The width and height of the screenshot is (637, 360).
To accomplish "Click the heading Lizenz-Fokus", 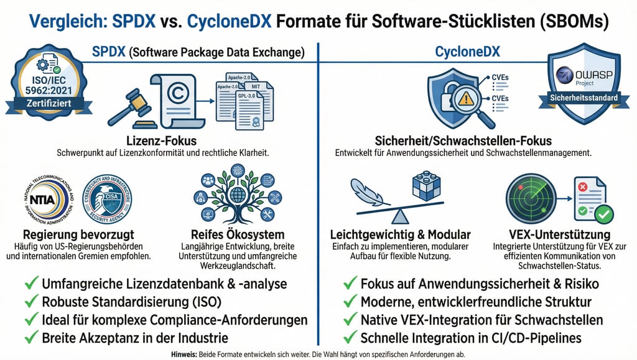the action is (x=161, y=141).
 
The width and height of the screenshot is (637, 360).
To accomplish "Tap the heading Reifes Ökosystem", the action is (x=237, y=235).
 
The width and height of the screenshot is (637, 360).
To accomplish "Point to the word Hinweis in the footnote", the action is (x=184, y=354).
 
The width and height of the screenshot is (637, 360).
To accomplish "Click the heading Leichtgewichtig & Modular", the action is (x=401, y=235).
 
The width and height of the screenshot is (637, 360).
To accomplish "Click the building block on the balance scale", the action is (x=426, y=186).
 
